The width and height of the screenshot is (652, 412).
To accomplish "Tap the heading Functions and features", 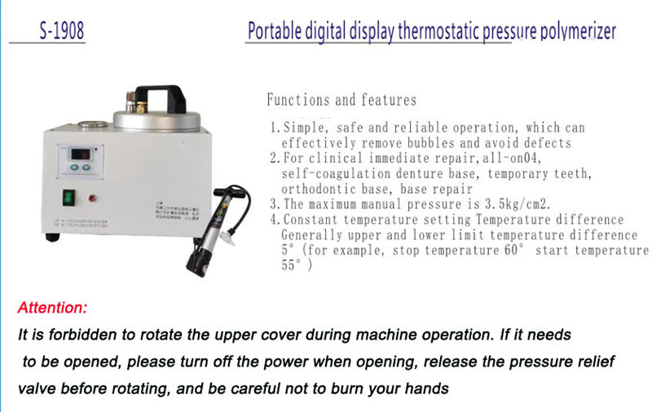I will pyautogui.click(x=341, y=100).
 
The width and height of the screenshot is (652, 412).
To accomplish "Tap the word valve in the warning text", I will pyautogui.click(x=38, y=388).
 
